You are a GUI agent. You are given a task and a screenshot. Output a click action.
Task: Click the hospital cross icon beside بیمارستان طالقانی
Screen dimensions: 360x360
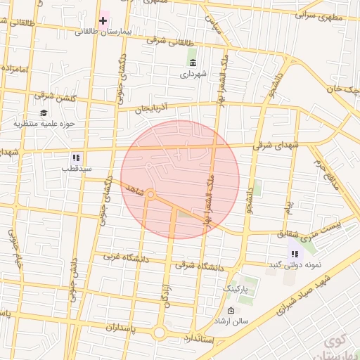(x=103, y=20)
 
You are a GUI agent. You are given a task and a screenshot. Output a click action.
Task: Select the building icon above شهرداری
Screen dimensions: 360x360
(x=193, y=62)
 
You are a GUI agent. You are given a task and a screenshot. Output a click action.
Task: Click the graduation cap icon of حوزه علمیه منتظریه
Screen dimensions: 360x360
(x=44, y=113)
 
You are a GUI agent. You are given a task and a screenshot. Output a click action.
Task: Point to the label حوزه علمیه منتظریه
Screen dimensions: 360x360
(x=44, y=124)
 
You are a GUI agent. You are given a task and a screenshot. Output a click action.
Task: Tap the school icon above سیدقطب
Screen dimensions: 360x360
(x=76, y=157)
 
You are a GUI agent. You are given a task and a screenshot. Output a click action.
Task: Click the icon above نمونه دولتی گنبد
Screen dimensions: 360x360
(x=294, y=254)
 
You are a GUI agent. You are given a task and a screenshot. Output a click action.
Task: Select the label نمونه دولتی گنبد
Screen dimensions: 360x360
(x=295, y=264)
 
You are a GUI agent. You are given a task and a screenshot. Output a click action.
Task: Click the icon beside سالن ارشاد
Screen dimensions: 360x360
(x=231, y=311)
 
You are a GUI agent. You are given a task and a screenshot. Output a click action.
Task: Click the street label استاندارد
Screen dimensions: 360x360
(x=224, y=340)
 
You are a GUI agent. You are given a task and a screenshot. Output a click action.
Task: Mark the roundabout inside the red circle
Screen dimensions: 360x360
(x=150, y=193)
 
